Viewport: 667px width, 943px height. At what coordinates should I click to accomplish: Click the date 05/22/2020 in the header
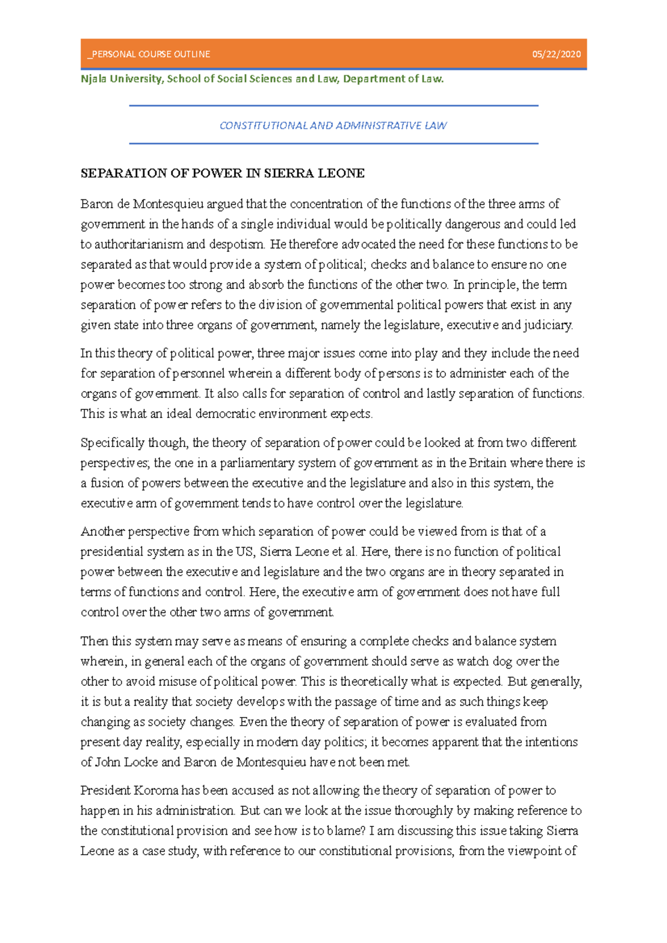pyautogui.click(x=556, y=54)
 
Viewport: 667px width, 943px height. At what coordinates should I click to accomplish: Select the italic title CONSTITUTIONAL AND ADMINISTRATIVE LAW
pyautogui.click(x=333, y=126)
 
